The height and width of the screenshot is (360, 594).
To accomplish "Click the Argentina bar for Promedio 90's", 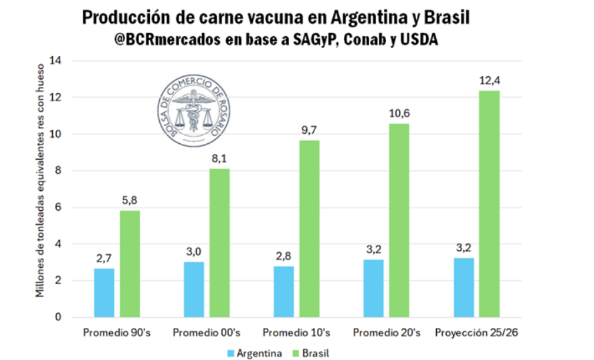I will (x=104, y=292).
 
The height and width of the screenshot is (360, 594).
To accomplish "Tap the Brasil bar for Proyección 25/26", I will (x=490, y=203).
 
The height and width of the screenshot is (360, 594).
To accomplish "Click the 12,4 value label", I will (x=490, y=81).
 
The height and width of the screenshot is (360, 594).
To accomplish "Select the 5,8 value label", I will (x=130, y=201).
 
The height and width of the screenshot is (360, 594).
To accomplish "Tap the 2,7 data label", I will (x=104, y=258).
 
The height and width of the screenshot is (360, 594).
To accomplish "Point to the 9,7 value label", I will (x=310, y=130).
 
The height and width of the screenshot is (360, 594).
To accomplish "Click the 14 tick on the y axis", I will (x=56, y=61).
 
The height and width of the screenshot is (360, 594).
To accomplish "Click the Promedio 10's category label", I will (x=296, y=333).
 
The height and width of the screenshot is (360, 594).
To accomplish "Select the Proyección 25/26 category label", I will (x=476, y=333).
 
